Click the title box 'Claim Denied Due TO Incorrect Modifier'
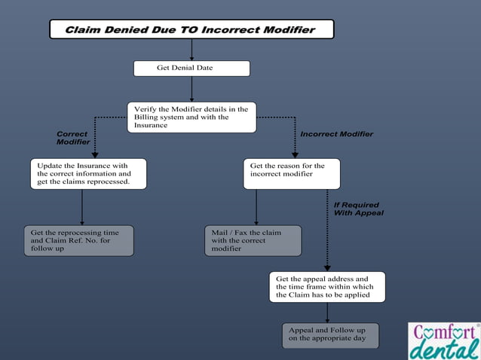(x=191, y=30)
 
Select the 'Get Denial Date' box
(x=191, y=69)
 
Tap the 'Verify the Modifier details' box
(x=191, y=117)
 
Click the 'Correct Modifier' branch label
(x=73, y=138)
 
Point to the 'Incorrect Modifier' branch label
(x=336, y=134)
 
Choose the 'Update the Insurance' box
(x=88, y=173)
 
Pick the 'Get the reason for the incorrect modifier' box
(x=291, y=173)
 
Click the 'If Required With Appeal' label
(x=358, y=209)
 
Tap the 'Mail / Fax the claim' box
(x=253, y=240)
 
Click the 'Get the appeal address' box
(x=327, y=287)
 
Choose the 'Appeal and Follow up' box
(x=330, y=335)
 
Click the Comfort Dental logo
(x=444, y=340)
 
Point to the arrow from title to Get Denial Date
(x=191, y=50)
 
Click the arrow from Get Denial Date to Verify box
(x=191, y=89)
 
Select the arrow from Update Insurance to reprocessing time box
(x=82, y=207)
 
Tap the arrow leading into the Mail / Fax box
(x=256, y=207)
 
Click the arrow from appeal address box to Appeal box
(x=326, y=313)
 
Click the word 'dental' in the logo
(x=445, y=349)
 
